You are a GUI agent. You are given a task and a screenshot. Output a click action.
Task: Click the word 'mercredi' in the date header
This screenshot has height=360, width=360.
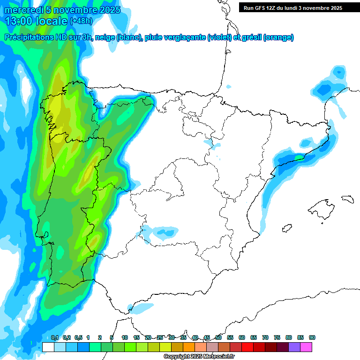pos(22,10)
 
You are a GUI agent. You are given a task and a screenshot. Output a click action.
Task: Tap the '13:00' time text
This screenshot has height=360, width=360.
pos(18,21)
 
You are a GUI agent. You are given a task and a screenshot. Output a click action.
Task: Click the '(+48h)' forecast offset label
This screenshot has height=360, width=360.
pos(81,21)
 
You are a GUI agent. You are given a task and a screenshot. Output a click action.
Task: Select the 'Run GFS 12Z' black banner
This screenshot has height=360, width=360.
pos(292,8)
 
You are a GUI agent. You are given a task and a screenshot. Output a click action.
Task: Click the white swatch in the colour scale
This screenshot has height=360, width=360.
pos(48,347)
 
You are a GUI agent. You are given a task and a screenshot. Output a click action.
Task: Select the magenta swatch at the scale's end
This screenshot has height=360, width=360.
pos(306,347)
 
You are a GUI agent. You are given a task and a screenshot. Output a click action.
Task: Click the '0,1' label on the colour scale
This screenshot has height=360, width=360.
pos(54,337)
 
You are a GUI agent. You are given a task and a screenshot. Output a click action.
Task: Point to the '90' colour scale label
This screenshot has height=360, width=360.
pos(312,337)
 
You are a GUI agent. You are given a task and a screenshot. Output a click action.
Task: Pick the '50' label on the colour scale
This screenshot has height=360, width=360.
pos(218,337)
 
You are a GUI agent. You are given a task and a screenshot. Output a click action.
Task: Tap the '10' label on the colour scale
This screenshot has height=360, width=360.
pos(125,337)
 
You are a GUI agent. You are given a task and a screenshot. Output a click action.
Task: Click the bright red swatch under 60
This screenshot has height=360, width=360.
pos(247,347)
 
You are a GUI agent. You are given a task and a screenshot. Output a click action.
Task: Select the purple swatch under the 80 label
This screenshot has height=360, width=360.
pos(294,347)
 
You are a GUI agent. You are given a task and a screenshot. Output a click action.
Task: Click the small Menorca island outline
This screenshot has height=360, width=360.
pos(347,198)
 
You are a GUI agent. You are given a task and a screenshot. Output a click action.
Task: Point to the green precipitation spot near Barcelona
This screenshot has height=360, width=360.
pos(298,157)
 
